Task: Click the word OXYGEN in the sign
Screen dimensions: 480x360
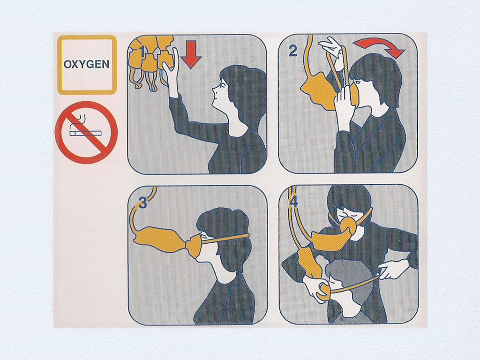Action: click(x=86, y=64)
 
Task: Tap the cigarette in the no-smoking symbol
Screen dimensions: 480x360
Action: click(x=85, y=133)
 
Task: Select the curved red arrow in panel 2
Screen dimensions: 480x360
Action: click(x=380, y=47)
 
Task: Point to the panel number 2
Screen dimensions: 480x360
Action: click(x=293, y=51)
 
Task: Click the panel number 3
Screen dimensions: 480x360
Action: click(x=142, y=202)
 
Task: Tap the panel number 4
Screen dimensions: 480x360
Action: click(x=293, y=202)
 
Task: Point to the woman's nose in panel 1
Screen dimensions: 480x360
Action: click(x=214, y=89)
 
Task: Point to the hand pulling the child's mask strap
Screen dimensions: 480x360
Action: click(x=392, y=269)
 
